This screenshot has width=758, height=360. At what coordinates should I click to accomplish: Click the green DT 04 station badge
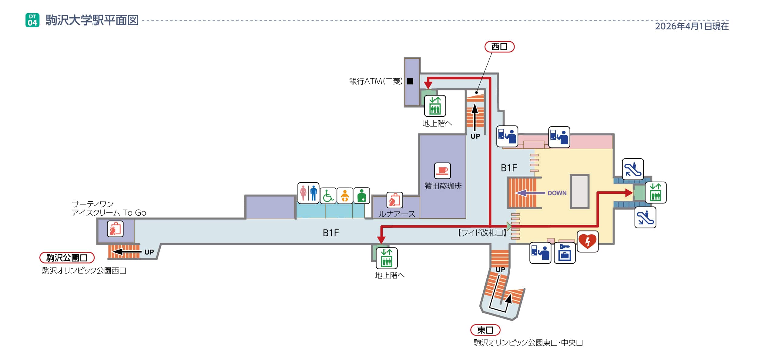pos(32,20)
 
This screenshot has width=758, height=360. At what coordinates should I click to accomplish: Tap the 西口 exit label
pos(499,47)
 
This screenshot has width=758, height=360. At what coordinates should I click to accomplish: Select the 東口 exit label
pos(485,330)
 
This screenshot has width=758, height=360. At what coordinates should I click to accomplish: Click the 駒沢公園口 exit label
pos(67,258)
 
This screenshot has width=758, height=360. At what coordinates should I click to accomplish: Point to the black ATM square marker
pos(410,81)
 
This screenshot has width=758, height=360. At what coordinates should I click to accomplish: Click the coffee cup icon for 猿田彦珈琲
pos(442,171)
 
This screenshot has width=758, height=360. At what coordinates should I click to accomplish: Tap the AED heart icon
pos(587,241)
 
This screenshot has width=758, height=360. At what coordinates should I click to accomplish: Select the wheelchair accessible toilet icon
pos(328,196)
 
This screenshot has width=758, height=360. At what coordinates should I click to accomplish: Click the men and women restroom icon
pos(308,193)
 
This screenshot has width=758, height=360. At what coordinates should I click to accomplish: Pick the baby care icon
pos(345,196)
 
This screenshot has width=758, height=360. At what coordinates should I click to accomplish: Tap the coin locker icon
pos(565,253)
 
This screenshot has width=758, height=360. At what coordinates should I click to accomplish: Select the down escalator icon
pos(645,217)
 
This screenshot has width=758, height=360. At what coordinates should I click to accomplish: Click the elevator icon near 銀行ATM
pos(435,106)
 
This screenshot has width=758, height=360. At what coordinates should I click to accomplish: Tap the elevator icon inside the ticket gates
pos(656,192)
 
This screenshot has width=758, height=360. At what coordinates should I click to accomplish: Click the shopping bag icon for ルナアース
pos(394,200)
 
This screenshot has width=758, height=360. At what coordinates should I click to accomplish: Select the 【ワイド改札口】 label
pos(482,233)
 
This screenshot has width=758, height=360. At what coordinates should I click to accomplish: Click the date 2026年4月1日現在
pos(692,26)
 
